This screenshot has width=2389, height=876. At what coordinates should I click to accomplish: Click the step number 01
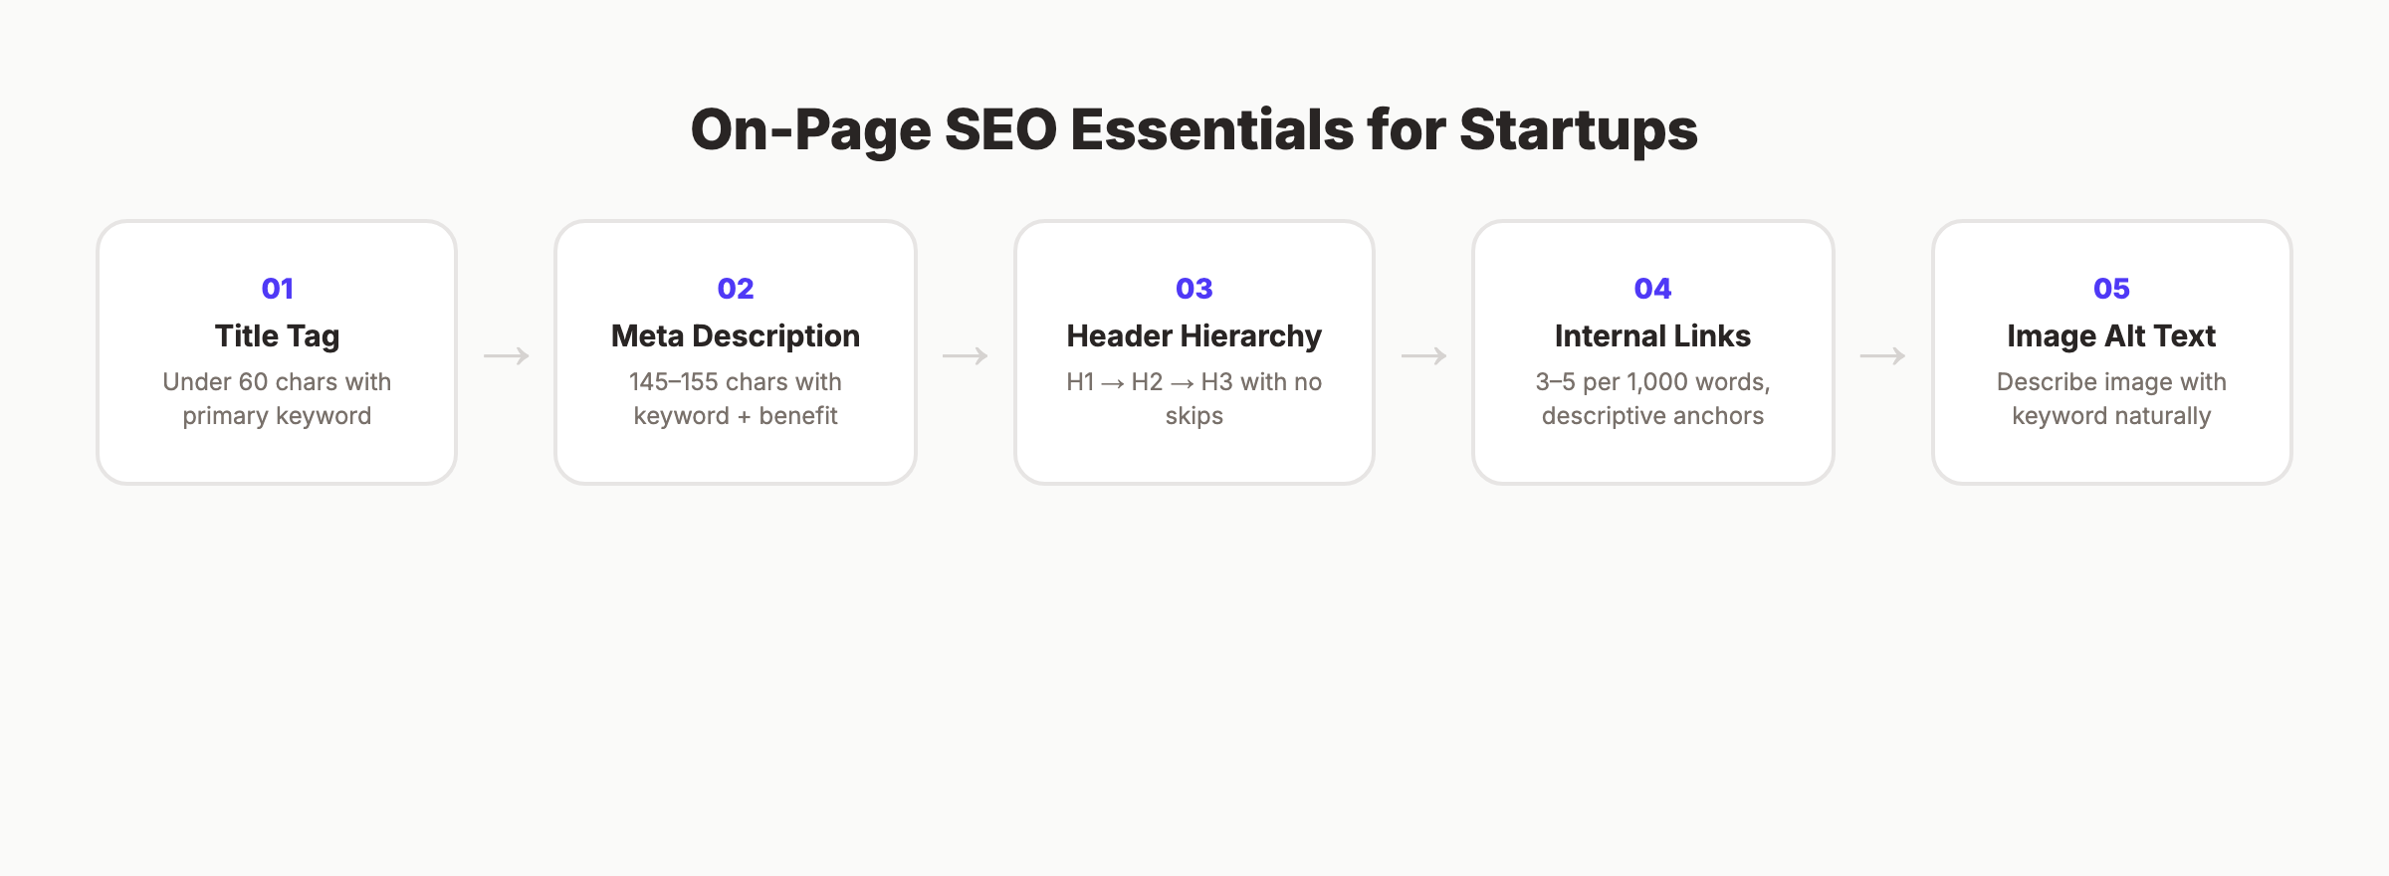(277, 289)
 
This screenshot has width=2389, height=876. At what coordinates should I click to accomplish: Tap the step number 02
(736, 289)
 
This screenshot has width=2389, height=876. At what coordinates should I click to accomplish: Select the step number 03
(1194, 289)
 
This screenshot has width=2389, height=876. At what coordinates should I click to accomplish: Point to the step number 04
(1652, 289)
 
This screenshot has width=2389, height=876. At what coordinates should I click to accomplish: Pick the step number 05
(2111, 289)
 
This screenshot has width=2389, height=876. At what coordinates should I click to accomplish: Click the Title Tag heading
(277, 336)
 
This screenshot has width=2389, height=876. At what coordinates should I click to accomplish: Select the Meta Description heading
(736, 336)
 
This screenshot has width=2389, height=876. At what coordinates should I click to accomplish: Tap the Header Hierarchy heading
(1194, 336)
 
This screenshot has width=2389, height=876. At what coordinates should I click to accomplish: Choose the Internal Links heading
(1652, 336)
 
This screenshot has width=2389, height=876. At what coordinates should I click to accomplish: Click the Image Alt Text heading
(2111, 336)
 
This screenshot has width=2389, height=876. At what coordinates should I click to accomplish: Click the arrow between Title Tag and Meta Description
(507, 355)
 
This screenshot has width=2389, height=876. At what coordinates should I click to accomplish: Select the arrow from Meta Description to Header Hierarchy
(966, 355)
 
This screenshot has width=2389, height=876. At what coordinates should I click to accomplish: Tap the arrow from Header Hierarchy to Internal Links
(1423, 355)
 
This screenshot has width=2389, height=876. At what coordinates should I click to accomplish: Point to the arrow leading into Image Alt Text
(1882, 355)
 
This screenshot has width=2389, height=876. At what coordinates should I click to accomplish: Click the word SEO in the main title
(1000, 130)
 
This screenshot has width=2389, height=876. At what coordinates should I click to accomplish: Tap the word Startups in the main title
(1578, 130)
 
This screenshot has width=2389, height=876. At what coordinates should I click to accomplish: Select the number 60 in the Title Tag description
(253, 382)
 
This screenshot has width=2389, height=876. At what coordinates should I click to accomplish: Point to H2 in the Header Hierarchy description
(1147, 382)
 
